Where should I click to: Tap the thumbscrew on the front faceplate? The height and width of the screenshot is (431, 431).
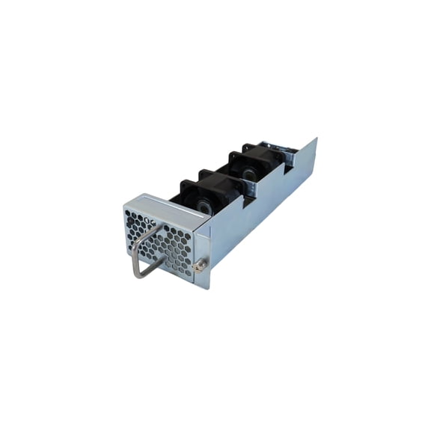pyautogui.click(x=201, y=266)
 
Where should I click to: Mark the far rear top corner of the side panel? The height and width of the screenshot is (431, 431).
pyautogui.click(x=316, y=138)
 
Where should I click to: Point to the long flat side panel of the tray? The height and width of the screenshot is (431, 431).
pyautogui.click(x=262, y=210)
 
